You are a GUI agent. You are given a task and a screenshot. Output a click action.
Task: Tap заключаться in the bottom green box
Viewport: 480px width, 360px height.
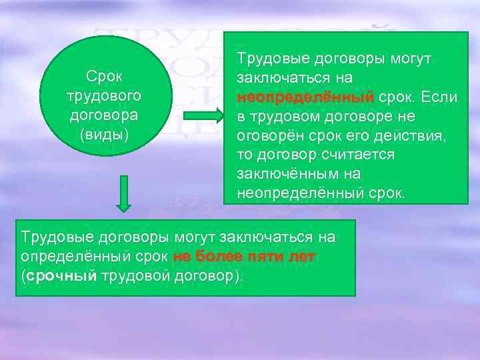[x=253, y=237]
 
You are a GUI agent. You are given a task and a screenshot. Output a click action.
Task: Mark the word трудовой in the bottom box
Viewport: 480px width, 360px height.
[x=131, y=276]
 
